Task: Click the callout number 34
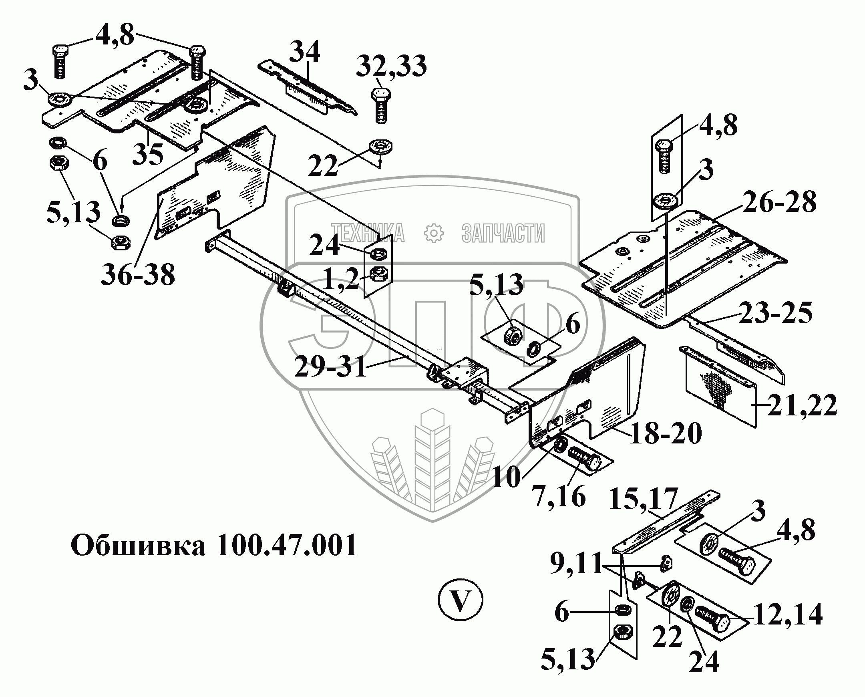tap(306, 52)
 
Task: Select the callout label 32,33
tap(391, 66)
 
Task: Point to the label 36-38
tap(138, 275)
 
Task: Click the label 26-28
tap(779, 202)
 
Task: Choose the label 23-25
tap(775, 313)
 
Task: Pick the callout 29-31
tap(330, 366)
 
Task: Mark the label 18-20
tap(666, 433)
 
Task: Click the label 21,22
tap(802, 406)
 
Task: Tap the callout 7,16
tap(559, 497)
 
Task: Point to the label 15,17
tap(643, 500)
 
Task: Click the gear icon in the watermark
tap(434, 234)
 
